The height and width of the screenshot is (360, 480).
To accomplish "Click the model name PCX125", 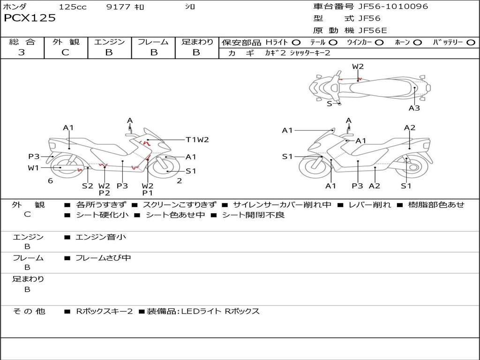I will pyautogui.click(x=30, y=18).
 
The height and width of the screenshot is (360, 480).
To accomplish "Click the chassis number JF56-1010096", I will pyautogui.click(x=393, y=7).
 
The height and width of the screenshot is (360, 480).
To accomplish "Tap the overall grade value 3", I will pyautogui.click(x=22, y=52).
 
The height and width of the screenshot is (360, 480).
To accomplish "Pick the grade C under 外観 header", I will pyautogui.click(x=65, y=52).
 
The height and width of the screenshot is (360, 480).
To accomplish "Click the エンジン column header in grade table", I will pyautogui.click(x=109, y=42).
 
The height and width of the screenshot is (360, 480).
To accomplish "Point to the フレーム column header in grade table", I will pyautogui.click(x=153, y=42).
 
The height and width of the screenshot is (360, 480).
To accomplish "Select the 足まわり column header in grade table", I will pyautogui.click(x=197, y=42).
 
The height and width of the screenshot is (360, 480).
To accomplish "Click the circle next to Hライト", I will pyautogui.click(x=296, y=43).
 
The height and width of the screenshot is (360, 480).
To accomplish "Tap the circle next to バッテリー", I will pyautogui.click(x=471, y=43).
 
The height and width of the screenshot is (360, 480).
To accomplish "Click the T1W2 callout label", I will pyautogui.click(x=197, y=139).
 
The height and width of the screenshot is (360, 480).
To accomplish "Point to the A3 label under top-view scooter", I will pyautogui.click(x=414, y=108).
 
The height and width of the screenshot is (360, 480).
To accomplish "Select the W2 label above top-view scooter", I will pyautogui.click(x=358, y=67).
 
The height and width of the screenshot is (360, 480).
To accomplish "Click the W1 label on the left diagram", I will pyautogui.click(x=33, y=168).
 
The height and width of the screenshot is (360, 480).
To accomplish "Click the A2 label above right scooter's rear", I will pyautogui.click(x=410, y=127).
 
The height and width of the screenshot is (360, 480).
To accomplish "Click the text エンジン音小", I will pyautogui.click(x=101, y=237).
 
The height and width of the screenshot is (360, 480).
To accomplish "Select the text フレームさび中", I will pyautogui.click(x=103, y=258).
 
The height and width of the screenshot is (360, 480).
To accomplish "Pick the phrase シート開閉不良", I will pyautogui.click(x=253, y=215).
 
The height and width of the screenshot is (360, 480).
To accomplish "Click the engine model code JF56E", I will pyautogui.click(x=373, y=30).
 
